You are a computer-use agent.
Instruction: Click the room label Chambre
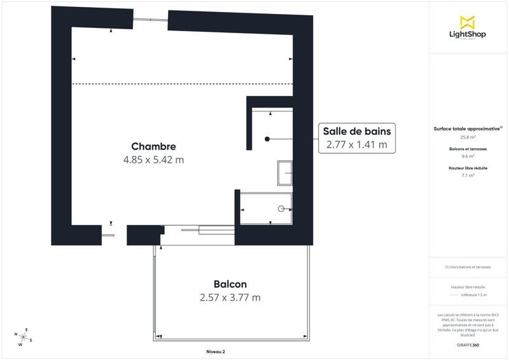153,146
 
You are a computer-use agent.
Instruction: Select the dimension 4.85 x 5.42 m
153,160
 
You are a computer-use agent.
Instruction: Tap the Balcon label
230,284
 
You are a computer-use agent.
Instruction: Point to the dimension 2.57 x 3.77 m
230,297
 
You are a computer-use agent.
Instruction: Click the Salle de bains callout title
356,130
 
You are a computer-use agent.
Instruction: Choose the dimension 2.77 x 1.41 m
356,144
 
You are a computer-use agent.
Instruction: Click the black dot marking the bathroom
268,139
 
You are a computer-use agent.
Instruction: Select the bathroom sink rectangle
284,172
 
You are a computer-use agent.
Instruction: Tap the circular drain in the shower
281,208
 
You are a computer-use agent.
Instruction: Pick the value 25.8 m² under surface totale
468,137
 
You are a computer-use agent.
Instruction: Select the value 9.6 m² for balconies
468,156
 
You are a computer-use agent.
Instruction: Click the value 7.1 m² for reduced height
468,175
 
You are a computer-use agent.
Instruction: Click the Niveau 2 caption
216,351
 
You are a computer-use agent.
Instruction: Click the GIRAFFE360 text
468,344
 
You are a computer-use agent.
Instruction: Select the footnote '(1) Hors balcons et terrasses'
468,267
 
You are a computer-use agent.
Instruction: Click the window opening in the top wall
151,19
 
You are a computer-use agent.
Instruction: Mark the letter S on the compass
31,340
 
